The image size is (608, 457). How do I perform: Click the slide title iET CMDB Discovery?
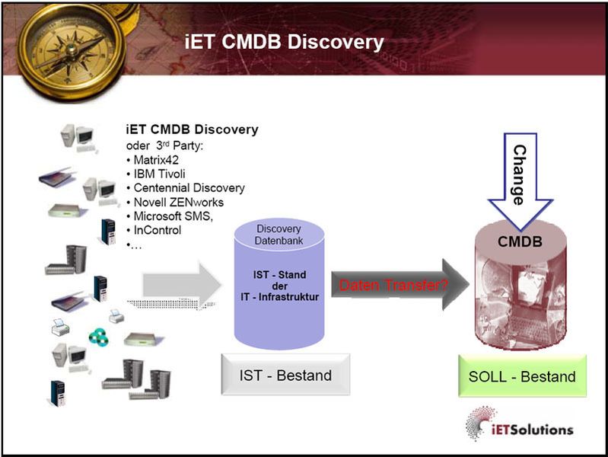pos(285,42)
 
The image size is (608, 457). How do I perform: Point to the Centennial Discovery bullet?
pos(185,187)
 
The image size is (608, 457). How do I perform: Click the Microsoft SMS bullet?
pos(173,216)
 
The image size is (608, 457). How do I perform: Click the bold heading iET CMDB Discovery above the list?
pos(191,129)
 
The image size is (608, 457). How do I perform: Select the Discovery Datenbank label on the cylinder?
pos(279,235)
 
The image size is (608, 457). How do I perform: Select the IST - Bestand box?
pos(285,375)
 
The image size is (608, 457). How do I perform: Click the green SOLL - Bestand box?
pos(522,376)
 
